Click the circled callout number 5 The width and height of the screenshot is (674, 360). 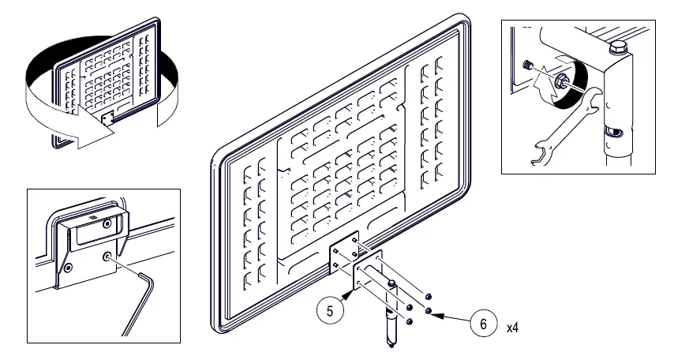pyautogui.click(x=331, y=310)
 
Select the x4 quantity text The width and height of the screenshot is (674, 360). pyautogui.click(x=514, y=325)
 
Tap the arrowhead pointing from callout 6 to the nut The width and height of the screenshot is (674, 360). pyautogui.click(x=431, y=312)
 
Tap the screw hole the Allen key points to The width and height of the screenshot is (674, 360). pyautogui.click(x=107, y=256)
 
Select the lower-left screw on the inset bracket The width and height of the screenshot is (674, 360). pyautogui.click(x=69, y=268)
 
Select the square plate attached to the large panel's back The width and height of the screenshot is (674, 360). pyautogui.click(x=345, y=249)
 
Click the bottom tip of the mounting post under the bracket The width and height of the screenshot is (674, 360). pyautogui.click(x=390, y=343)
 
